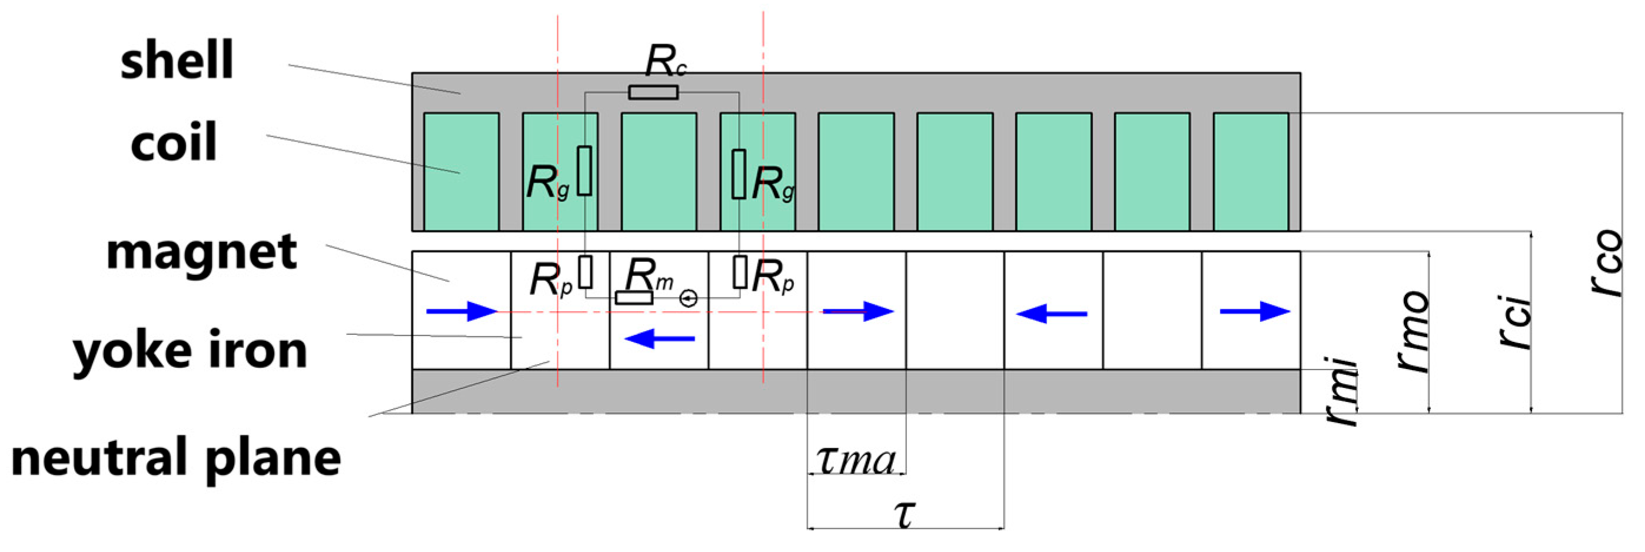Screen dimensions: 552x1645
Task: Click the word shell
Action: pyautogui.click(x=177, y=60)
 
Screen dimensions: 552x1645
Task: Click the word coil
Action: pyautogui.click(x=174, y=142)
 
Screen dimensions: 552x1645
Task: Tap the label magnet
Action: pyautogui.click(x=201, y=252)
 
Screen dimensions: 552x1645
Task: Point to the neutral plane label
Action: pyautogui.click(x=176, y=458)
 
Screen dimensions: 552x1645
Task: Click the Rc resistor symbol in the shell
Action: pyautogui.click(x=653, y=92)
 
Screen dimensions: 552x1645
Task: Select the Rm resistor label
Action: pyautogui.click(x=647, y=275)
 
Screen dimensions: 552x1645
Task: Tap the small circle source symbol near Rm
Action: pyautogui.click(x=688, y=298)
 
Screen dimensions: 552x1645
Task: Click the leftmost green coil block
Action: pyautogui.click(x=461, y=171)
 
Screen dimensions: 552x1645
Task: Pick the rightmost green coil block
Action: pyautogui.click(x=1250, y=171)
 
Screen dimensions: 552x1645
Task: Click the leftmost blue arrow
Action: pyautogui.click(x=461, y=311)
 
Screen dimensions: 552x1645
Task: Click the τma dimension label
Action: pyautogui.click(x=856, y=460)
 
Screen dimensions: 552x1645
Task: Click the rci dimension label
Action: pyautogui.click(x=1515, y=322)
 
